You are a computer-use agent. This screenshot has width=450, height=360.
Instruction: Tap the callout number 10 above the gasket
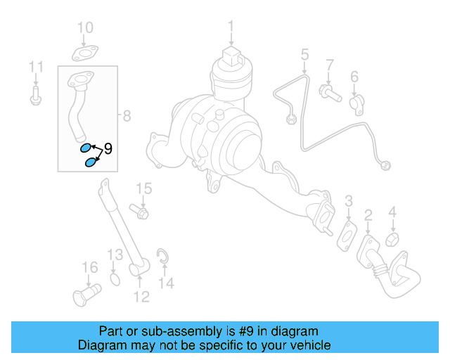(84, 28)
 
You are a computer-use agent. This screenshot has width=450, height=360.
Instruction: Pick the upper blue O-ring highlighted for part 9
(85, 148)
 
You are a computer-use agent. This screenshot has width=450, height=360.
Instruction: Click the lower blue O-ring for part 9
(90, 163)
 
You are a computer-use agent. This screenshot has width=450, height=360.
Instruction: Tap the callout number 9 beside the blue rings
(108, 149)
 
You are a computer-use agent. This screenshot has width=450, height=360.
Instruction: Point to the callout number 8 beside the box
(127, 116)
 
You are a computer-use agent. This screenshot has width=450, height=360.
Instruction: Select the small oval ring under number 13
(116, 281)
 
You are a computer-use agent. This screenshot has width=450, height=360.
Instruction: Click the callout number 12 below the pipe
(141, 297)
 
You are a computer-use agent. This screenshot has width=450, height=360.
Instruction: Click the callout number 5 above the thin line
(304, 54)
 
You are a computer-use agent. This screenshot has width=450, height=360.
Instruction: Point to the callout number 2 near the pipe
(367, 214)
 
